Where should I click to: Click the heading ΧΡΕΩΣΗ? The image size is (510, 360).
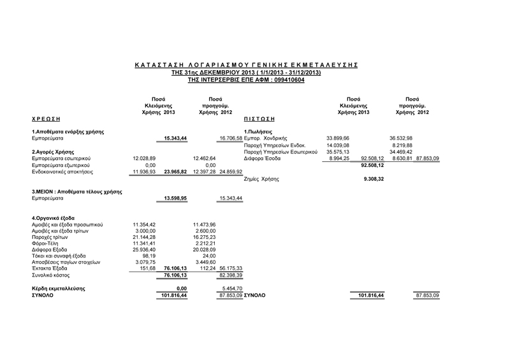(x=46, y=119)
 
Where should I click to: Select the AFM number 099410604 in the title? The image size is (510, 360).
(x=286, y=81)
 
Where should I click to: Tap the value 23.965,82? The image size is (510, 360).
(x=175, y=171)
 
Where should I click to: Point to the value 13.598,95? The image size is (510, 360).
(x=175, y=199)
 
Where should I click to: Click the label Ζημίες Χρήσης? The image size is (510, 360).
(x=261, y=180)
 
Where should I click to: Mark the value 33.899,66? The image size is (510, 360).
(x=338, y=138)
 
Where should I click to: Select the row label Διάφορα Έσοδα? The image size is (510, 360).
(x=262, y=158)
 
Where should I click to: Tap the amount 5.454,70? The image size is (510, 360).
(x=230, y=289)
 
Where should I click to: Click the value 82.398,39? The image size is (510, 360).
(x=230, y=275)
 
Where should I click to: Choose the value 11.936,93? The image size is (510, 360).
(x=145, y=171)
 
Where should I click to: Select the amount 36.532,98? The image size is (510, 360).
(x=401, y=138)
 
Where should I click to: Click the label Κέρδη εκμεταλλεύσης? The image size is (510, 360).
(x=59, y=289)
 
